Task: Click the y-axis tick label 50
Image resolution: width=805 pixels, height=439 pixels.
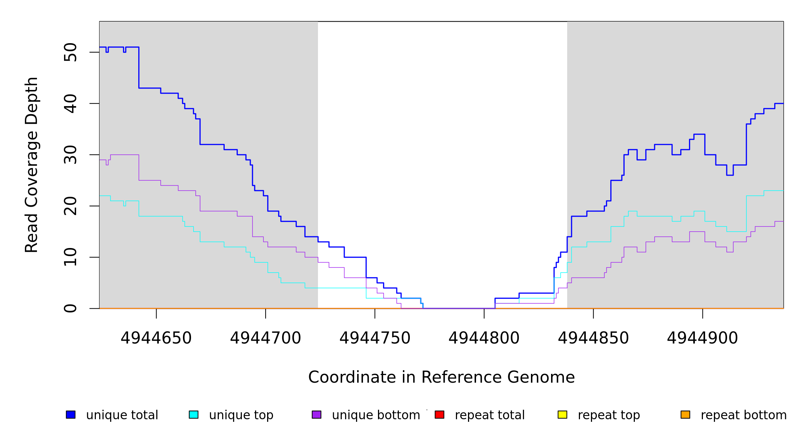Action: pyautogui.click(x=71, y=52)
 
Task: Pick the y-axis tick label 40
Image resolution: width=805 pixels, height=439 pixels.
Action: pyautogui.click(x=71, y=104)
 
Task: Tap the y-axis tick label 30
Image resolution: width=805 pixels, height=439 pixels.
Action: pyautogui.click(x=71, y=155)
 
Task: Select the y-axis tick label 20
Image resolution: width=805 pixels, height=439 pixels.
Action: pyautogui.click(x=71, y=206)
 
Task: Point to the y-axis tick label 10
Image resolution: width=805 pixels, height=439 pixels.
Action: pyautogui.click(x=71, y=257)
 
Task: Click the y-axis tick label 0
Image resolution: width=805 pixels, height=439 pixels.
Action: pyautogui.click(x=71, y=308)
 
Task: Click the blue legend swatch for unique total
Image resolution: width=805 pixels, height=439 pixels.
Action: pyautogui.click(x=71, y=414)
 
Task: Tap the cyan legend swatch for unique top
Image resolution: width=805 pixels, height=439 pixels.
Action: pyautogui.click(x=194, y=414)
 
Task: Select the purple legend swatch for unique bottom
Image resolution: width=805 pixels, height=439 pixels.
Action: pyautogui.click(x=317, y=414)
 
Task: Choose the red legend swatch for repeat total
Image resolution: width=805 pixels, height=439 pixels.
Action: pyautogui.click(x=439, y=414)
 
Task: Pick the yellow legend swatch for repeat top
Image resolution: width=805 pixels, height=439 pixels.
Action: pyautogui.click(x=562, y=414)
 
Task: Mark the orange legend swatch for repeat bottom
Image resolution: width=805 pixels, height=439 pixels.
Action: pyautogui.click(x=685, y=414)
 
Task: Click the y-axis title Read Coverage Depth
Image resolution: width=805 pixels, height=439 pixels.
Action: pyautogui.click(x=31, y=165)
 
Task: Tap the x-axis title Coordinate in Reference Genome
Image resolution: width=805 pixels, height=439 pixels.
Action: pyautogui.click(x=441, y=377)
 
